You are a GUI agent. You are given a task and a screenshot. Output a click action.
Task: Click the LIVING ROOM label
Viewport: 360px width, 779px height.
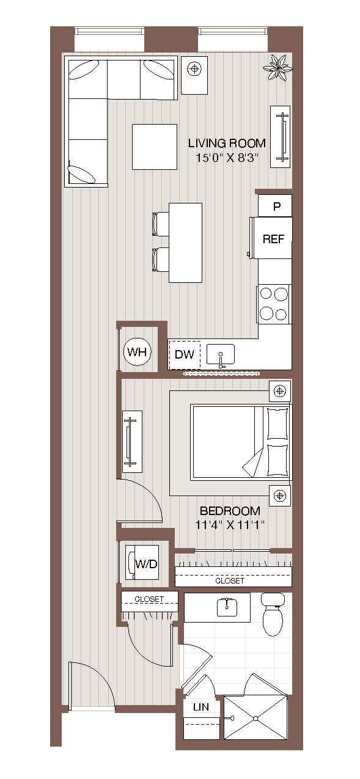227,144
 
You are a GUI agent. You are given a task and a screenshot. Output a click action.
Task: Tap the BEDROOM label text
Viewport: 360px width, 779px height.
230,511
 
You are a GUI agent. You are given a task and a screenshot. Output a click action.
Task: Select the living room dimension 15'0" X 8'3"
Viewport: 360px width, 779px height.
227,158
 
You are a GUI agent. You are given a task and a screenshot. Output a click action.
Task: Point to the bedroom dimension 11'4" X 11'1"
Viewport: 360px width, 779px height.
230,525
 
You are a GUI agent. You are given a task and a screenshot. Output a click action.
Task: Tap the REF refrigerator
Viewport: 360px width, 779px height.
273,238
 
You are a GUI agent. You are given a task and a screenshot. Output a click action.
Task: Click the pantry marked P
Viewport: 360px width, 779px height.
276,207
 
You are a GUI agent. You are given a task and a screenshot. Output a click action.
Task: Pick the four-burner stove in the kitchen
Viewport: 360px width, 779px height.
273,304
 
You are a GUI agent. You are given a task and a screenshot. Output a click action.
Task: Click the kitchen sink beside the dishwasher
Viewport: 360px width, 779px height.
221,355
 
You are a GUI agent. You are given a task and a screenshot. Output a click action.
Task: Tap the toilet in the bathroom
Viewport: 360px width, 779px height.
272,615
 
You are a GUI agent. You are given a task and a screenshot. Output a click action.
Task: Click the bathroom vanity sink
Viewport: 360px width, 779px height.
227,607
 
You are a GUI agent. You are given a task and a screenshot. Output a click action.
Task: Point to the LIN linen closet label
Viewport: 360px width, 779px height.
200,707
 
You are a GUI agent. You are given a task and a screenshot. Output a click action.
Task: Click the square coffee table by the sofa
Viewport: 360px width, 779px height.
155,147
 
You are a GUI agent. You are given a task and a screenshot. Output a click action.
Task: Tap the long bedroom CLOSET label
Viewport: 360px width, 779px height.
230,580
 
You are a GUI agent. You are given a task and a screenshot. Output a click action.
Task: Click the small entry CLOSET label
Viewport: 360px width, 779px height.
149,599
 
